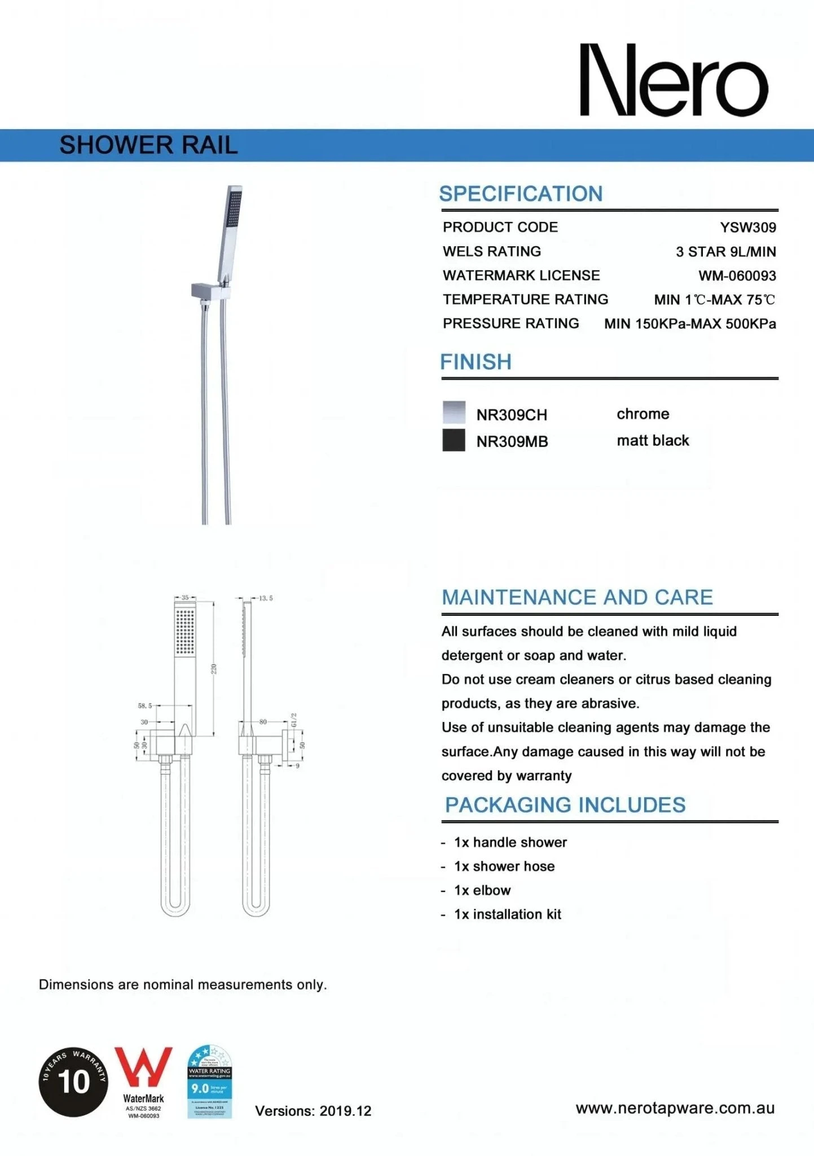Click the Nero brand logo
point(674,80)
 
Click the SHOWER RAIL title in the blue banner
point(148,145)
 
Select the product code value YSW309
point(747,227)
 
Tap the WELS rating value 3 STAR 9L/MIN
point(725,252)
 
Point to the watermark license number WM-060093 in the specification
point(737,276)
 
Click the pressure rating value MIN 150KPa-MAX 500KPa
point(689,324)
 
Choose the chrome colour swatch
point(454,413)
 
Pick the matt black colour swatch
point(454,440)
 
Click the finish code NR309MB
point(512,442)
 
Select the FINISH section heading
point(476,362)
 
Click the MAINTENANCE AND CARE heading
point(577,597)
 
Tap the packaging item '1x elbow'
point(482,890)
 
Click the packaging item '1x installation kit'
point(507,914)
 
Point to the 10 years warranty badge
point(73,1081)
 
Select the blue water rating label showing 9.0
point(209,1081)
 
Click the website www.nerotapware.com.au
point(675,1108)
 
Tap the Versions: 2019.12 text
point(313,1111)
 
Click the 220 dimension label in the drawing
point(214,669)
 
